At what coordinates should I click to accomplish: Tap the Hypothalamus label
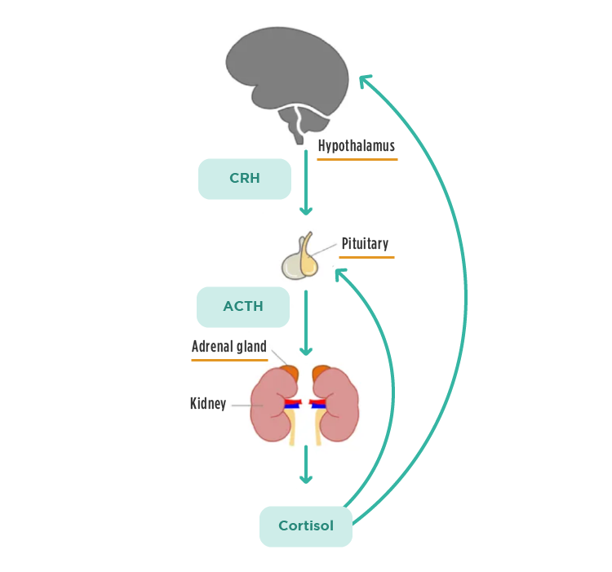click(x=356, y=147)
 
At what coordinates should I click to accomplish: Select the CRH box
click(x=245, y=179)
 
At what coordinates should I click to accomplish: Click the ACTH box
click(x=243, y=307)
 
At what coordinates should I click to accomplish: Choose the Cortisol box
click(x=306, y=526)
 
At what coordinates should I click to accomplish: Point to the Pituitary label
click(x=365, y=243)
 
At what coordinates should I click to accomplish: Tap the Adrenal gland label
click(x=228, y=347)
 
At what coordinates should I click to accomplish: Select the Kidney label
click(x=208, y=403)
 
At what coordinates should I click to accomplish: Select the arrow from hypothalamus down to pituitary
click(x=306, y=184)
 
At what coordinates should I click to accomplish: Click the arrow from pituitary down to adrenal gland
click(x=306, y=322)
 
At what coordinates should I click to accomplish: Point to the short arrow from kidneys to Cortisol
click(x=306, y=465)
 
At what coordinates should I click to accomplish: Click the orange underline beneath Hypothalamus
click(x=357, y=159)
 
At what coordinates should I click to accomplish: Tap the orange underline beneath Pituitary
click(x=366, y=257)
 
